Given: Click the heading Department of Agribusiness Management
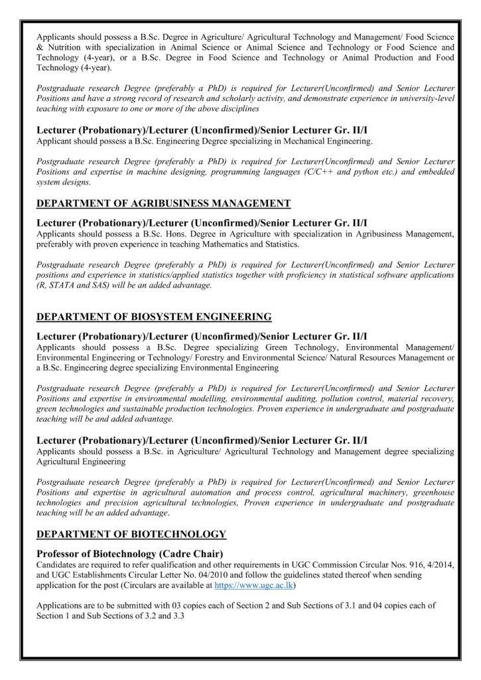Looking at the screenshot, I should click(x=163, y=203).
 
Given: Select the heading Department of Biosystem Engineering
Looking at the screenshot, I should click(x=153, y=316).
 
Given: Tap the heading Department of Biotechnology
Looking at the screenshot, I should click(x=131, y=533).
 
